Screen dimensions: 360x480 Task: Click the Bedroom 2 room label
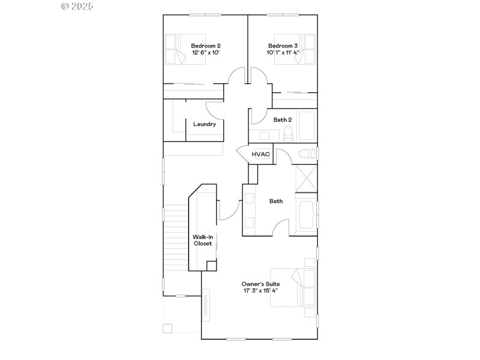(206, 46)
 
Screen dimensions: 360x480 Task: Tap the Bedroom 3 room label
(283, 46)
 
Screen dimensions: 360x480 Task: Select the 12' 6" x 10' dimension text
(206, 53)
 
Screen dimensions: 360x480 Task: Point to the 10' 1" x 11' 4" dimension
(283, 53)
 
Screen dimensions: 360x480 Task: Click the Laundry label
(205, 124)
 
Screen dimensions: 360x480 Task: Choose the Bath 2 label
(283, 119)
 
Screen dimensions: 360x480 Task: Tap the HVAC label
(260, 154)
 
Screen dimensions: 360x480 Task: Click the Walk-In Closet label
(202, 240)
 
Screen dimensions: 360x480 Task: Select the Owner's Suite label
(260, 284)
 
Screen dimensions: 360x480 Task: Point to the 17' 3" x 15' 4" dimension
(260, 291)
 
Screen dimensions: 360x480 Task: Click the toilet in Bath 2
(288, 133)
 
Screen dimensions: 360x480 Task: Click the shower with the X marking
(306, 178)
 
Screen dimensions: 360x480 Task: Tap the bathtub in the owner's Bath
(306, 214)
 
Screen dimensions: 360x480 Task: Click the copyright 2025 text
(78, 6)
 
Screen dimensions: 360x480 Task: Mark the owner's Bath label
(275, 201)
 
